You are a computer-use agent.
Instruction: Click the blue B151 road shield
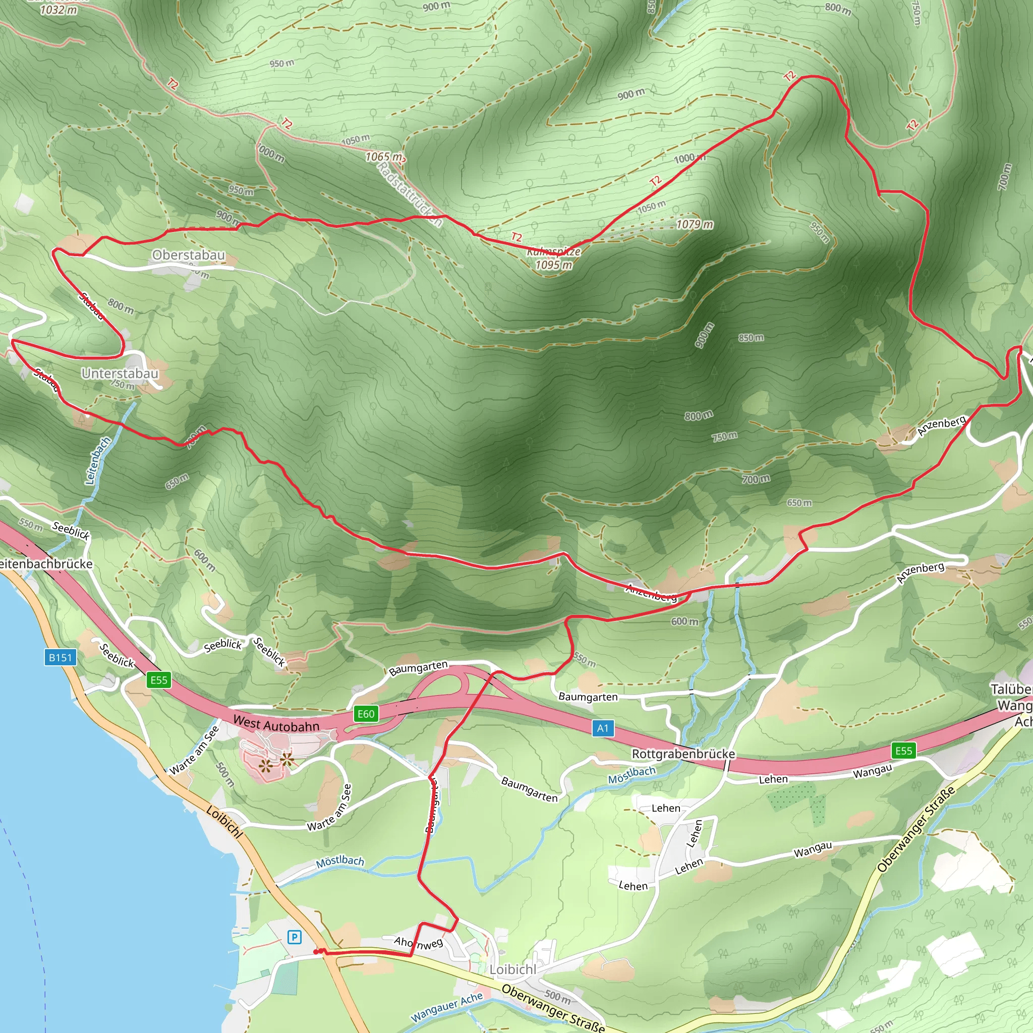point(60,658)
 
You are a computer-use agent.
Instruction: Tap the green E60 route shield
point(366,714)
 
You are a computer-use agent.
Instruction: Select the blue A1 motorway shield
point(603,728)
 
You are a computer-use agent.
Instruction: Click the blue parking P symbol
point(295,937)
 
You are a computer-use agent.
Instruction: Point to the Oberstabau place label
point(188,255)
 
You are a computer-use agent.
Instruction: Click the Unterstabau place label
point(120,373)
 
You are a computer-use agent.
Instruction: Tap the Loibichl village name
point(513,969)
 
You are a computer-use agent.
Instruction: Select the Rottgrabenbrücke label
point(683,754)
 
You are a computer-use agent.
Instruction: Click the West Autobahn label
point(276,724)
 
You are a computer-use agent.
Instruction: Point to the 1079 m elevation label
point(695,224)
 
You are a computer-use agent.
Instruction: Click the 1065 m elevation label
point(384,157)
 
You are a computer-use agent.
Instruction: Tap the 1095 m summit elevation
point(554,265)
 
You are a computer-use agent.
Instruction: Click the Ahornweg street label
point(418,943)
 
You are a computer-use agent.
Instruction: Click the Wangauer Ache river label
point(446,1007)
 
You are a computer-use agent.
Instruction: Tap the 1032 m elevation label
point(59,10)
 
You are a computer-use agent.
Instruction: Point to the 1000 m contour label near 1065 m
point(270,153)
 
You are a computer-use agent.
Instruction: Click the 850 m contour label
point(751,338)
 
